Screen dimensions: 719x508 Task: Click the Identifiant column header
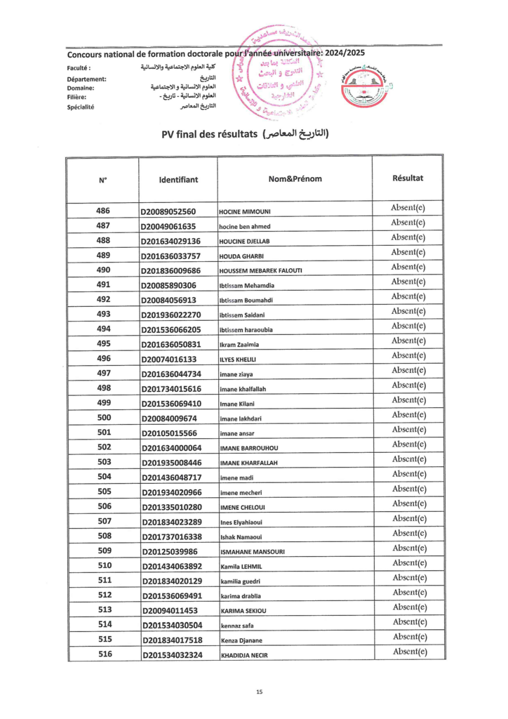click(178, 180)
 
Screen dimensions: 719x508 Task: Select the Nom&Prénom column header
click(295, 179)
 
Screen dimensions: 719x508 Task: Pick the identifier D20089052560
click(168, 212)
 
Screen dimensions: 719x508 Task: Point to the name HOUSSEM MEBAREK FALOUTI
click(260, 271)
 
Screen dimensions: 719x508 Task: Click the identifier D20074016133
click(168, 359)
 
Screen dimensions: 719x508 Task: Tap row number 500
click(104, 418)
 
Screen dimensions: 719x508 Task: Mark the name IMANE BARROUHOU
click(250, 448)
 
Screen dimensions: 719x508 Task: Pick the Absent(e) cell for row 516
click(408, 651)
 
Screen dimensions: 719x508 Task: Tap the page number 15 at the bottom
click(259, 692)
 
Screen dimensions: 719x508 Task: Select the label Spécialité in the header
click(81, 107)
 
